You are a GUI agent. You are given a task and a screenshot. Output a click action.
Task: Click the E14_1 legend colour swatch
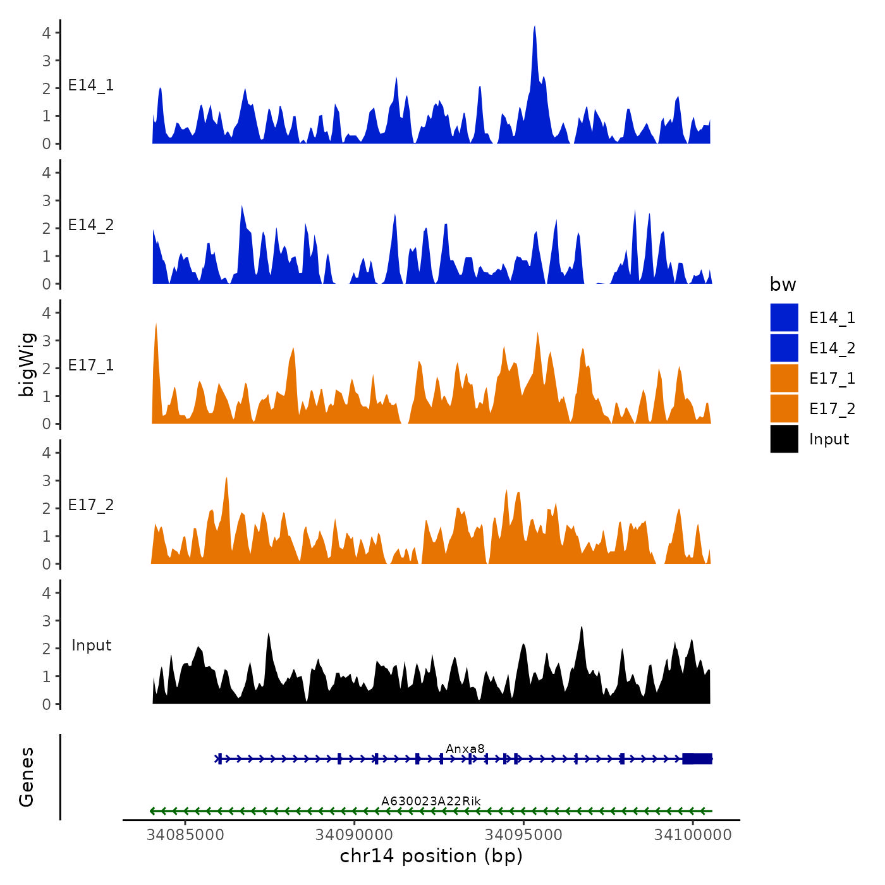click(784, 317)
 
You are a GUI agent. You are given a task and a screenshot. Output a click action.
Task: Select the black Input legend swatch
click(784, 439)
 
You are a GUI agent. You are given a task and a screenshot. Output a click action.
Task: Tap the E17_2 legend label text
click(832, 409)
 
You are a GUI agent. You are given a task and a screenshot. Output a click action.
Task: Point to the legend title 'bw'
click(783, 285)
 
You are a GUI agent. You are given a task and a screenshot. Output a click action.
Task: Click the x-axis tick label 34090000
click(355, 835)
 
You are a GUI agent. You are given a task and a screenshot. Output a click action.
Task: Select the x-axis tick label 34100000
click(693, 835)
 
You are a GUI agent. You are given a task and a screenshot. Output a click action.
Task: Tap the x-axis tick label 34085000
click(185, 835)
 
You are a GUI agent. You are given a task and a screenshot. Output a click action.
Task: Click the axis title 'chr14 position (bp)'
click(431, 856)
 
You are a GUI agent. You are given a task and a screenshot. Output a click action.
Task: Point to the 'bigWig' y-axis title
click(27, 364)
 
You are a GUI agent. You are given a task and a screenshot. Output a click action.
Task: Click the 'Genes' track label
click(27, 777)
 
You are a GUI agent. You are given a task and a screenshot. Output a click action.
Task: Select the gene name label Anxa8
click(465, 749)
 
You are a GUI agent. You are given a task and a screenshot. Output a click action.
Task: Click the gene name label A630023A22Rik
click(430, 802)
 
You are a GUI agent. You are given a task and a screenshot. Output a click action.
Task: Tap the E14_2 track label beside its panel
click(91, 225)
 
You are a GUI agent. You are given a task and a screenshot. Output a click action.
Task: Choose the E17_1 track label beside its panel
click(91, 365)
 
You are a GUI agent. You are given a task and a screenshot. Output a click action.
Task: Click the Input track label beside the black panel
click(91, 645)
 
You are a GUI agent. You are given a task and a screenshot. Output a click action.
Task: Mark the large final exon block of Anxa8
click(697, 759)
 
